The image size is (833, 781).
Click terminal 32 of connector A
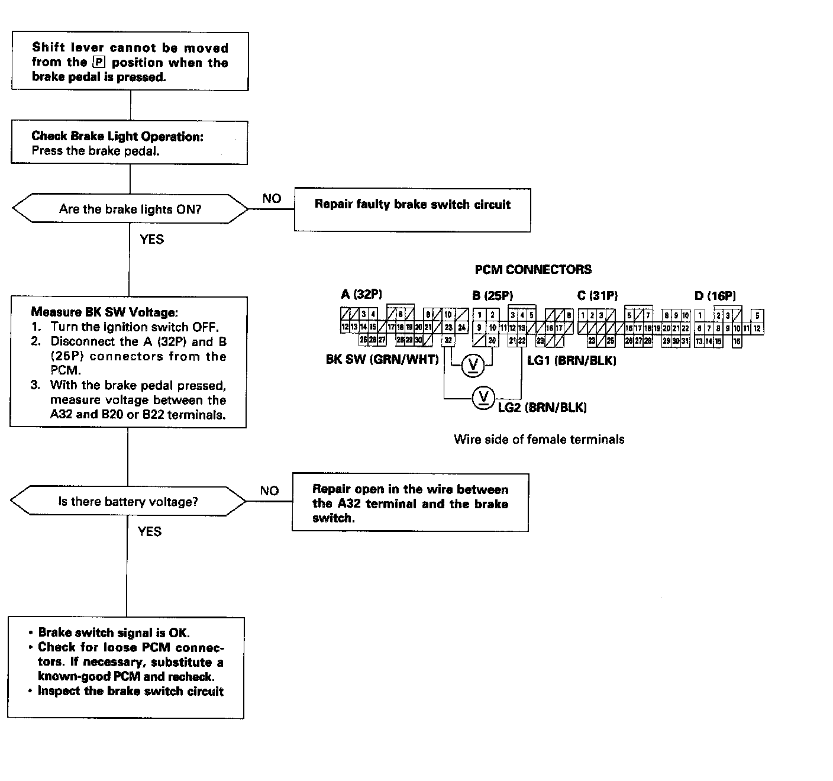coord(448,340)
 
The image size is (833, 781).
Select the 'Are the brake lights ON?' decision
coord(130,209)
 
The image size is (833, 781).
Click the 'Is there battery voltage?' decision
coord(128,502)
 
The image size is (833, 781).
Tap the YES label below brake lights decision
coord(151,239)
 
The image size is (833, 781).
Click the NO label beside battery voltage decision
coord(269,490)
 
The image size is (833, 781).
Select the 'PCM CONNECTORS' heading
coord(533,270)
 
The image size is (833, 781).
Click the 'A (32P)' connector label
coord(361,295)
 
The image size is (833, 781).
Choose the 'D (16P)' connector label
coord(715,295)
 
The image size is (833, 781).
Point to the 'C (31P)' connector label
coord(598,295)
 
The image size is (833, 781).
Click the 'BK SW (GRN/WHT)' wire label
coord(382,360)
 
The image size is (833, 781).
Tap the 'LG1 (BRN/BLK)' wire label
coord(572,360)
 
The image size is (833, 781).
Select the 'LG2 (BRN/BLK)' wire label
coord(543,407)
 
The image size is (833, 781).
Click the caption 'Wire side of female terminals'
coord(539,439)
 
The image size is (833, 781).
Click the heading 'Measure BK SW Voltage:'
coord(104,312)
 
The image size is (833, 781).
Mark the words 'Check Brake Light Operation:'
coord(117,136)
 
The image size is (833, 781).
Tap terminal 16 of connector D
coord(737,341)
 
